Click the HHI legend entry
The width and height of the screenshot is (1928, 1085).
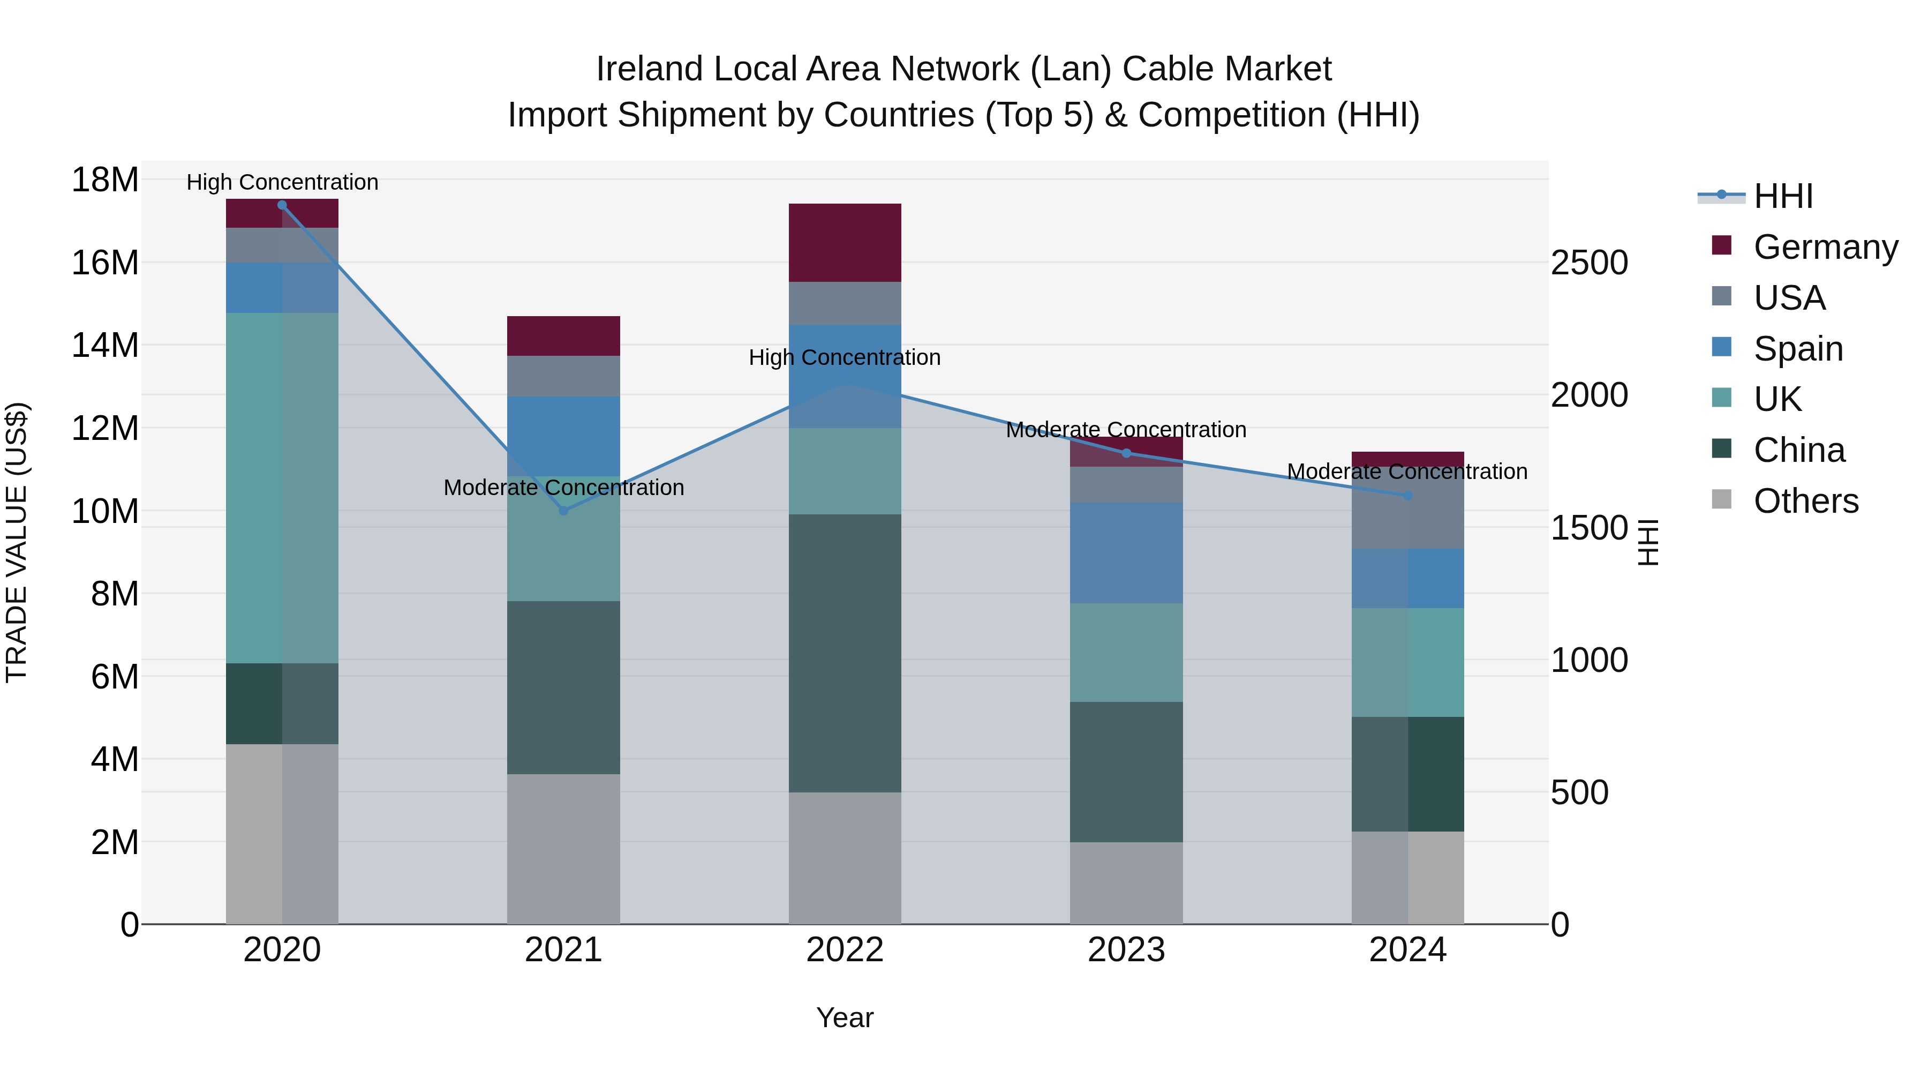coord(1782,196)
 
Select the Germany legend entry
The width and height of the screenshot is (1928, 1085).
coord(1825,247)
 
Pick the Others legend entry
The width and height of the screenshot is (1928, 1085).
coord(1805,501)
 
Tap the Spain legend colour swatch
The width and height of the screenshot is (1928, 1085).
coord(1721,347)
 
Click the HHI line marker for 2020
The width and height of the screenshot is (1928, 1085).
coord(282,205)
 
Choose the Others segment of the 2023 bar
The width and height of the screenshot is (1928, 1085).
coord(1126,883)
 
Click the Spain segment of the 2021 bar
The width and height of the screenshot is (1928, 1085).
coord(563,437)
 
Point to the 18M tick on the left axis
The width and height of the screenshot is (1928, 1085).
coord(105,181)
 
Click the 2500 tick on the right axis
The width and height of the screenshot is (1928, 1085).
coord(1589,263)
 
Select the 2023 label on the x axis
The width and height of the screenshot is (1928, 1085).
coord(1126,950)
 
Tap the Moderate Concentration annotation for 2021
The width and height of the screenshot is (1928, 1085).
coord(563,488)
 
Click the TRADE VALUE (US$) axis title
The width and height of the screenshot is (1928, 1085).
coord(17,542)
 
